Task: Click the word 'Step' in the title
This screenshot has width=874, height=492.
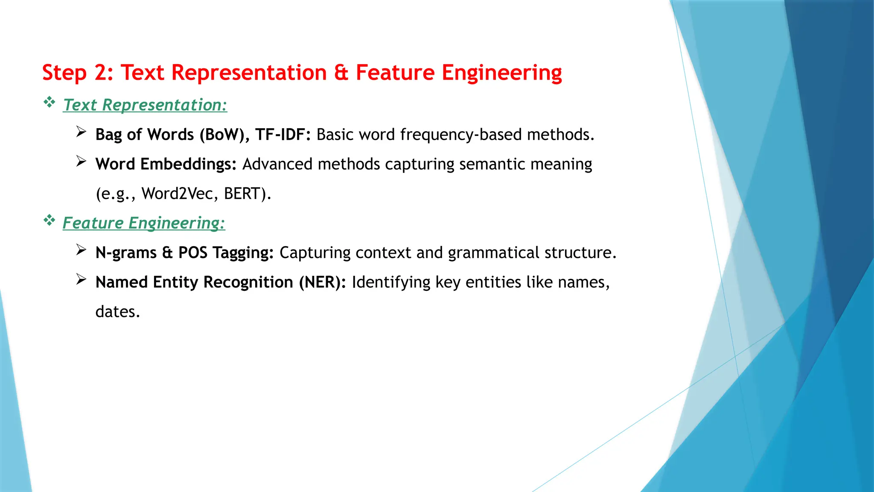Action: [x=64, y=73]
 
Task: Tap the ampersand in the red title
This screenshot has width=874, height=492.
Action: [x=341, y=73]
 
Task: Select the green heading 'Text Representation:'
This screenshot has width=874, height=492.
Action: [x=145, y=105]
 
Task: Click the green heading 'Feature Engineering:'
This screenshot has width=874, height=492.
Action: [x=144, y=223]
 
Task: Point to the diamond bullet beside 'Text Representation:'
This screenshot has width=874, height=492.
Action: [x=50, y=102]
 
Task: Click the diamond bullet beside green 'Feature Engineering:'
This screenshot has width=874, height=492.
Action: [x=50, y=220]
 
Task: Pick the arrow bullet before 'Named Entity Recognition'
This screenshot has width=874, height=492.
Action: [x=81, y=279]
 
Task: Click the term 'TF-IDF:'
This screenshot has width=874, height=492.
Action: [x=283, y=135]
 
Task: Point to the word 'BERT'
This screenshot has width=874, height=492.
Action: [x=242, y=194]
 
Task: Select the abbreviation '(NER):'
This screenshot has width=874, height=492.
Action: [x=322, y=282]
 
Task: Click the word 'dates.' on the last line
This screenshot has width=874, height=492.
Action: [x=118, y=312]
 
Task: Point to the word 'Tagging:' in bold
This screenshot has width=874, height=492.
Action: [x=243, y=253]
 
